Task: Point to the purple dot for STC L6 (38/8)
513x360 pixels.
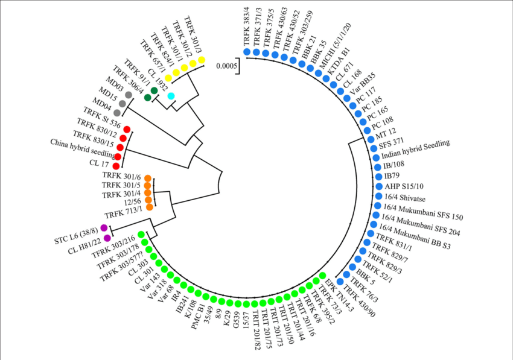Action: (x=104, y=228)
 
